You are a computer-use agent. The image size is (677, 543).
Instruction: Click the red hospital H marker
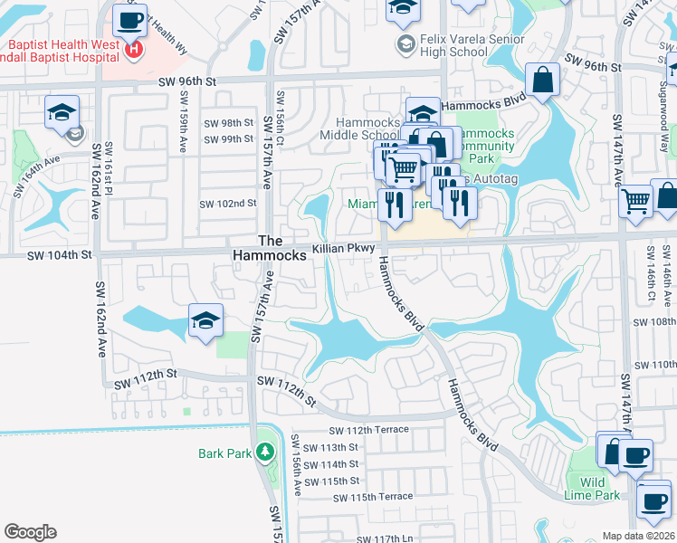coord(134,48)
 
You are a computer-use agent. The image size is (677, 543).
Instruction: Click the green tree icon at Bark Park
coord(265,451)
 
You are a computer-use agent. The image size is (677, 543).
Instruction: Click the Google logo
coord(30,532)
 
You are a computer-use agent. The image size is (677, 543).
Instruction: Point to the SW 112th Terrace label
coord(369,430)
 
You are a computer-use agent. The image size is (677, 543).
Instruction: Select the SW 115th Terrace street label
coord(372,497)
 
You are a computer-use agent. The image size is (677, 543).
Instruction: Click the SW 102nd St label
coord(230,204)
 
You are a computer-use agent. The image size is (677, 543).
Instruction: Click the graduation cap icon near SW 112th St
coord(205,319)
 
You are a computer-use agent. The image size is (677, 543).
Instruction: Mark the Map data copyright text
coord(638,536)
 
